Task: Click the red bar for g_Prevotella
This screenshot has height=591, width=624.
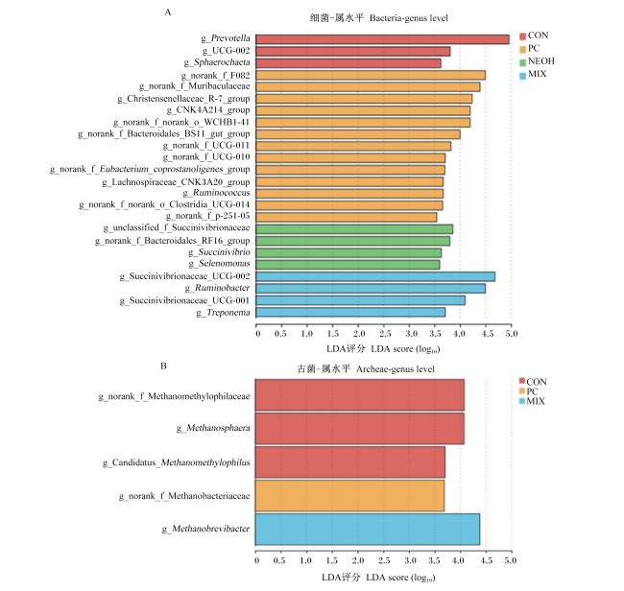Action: (382, 39)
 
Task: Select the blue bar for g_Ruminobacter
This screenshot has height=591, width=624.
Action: (371, 289)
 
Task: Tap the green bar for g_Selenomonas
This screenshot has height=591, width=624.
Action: (348, 265)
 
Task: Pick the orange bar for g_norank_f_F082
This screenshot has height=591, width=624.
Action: (371, 75)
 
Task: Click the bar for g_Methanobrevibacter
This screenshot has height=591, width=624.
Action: (368, 530)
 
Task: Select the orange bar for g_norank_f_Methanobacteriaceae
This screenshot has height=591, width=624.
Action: (349, 496)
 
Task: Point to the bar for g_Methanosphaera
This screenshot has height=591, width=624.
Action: (360, 428)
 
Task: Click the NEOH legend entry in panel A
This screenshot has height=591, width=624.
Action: (537, 61)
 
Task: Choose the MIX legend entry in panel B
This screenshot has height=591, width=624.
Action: (532, 401)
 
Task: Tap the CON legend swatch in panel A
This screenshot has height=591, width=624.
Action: (523, 36)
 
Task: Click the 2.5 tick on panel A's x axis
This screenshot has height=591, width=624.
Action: (385, 333)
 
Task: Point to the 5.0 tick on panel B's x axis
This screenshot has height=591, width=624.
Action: (510, 560)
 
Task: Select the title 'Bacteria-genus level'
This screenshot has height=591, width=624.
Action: (409, 18)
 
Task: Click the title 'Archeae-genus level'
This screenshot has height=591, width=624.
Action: (396, 369)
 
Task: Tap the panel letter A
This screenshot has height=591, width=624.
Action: (168, 12)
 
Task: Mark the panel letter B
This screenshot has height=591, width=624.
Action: (163, 366)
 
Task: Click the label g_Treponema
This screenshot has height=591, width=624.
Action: (224, 313)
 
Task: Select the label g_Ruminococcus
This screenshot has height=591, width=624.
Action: (217, 193)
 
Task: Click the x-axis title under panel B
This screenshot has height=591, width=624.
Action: (378, 578)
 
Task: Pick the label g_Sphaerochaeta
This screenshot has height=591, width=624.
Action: (217, 62)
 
